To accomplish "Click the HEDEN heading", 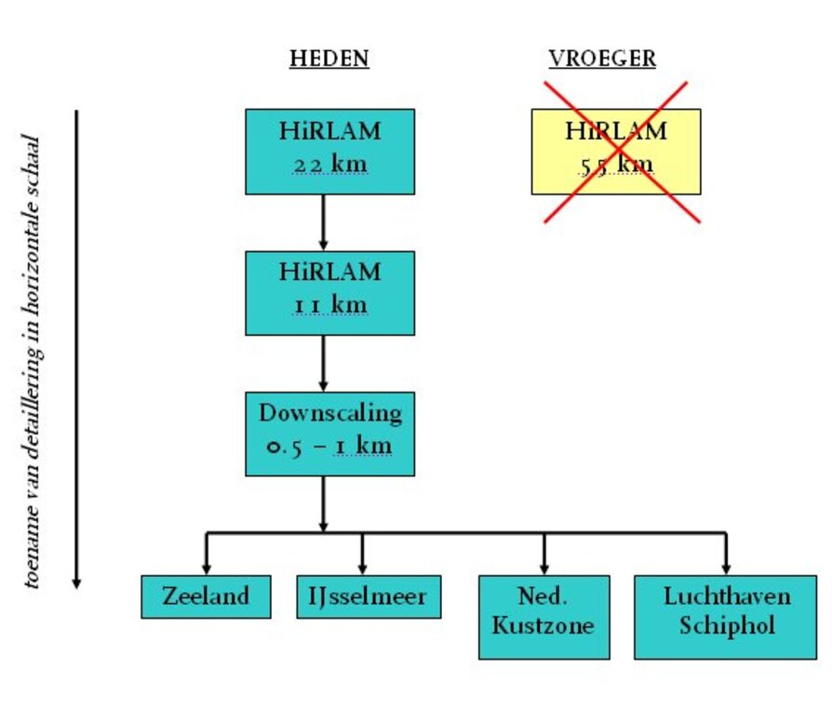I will (x=329, y=59).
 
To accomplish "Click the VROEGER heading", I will (x=602, y=59).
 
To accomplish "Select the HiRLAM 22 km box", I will (x=329, y=151).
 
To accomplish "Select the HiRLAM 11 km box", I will (x=329, y=292).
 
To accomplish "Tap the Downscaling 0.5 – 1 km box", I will (x=329, y=434).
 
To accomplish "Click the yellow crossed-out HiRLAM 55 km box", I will (x=615, y=151).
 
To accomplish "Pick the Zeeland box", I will (x=206, y=596).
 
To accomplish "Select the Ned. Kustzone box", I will (x=543, y=617).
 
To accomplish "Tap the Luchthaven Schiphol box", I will (x=725, y=617).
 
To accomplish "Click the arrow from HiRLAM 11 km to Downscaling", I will (x=323, y=363).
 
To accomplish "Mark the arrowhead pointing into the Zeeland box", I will (x=206, y=567).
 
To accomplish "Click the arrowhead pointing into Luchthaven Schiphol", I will (x=725, y=567).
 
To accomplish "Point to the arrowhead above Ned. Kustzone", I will (x=543, y=567).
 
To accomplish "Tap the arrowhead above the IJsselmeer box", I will (x=362, y=567).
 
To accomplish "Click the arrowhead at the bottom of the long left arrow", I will (x=77, y=581).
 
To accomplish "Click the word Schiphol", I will (x=726, y=627).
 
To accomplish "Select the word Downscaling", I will (x=329, y=412).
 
